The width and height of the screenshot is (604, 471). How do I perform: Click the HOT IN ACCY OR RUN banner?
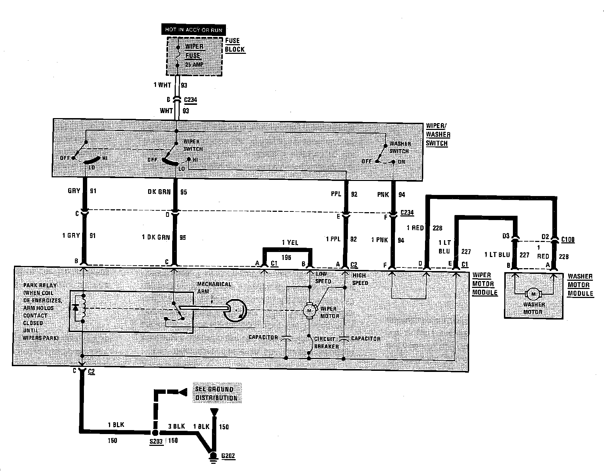click(194, 29)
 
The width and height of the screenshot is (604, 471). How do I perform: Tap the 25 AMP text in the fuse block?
click(194, 65)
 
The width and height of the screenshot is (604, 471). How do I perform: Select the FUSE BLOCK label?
click(235, 45)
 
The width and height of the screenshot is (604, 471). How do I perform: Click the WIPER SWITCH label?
click(193, 145)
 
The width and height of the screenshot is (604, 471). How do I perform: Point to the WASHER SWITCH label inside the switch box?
click(400, 148)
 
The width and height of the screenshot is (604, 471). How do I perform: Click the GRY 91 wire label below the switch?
click(82, 191)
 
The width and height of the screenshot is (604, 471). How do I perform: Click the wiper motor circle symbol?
click(309, 310)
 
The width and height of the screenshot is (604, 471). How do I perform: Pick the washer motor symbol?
click(533, 294)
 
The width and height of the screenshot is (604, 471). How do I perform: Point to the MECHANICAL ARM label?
click(214, 288)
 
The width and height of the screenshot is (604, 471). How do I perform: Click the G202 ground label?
click(228, 456)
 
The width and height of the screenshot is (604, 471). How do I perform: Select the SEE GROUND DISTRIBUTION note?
click(216, 393)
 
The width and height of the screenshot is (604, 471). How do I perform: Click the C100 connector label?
click(568, 239)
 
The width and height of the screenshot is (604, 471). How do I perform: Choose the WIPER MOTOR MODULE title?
click(484, 284)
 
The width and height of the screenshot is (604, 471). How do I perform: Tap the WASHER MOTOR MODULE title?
click(580, 285)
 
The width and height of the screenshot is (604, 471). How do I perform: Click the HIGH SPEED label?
click(360, 279)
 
